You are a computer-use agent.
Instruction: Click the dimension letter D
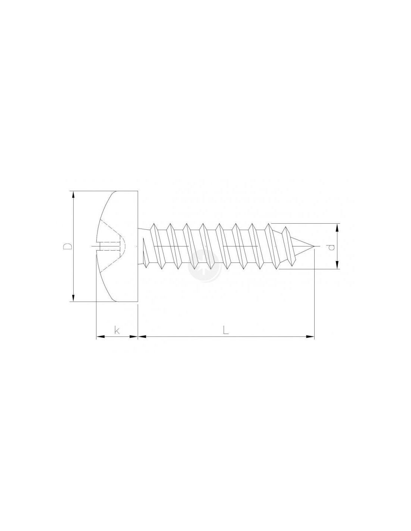point(68,246)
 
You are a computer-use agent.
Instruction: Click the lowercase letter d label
point(331,247)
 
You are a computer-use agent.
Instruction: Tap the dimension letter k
point(117,330)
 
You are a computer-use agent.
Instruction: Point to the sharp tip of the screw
point(314,246)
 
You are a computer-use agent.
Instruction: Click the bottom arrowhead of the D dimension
point(73,298)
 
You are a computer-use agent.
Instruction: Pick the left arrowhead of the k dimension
point(100,337)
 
